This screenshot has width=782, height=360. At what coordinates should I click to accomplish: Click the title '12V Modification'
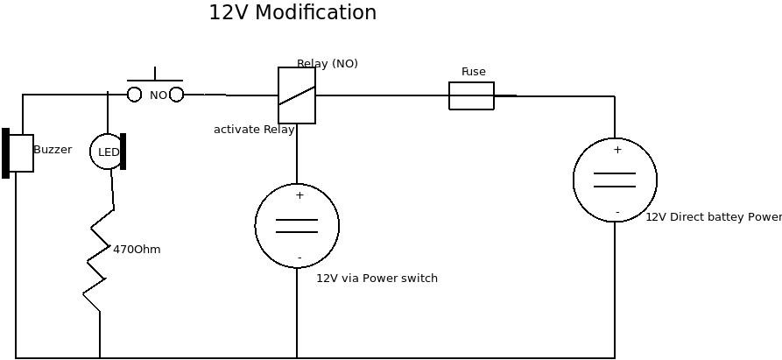pos(292,13)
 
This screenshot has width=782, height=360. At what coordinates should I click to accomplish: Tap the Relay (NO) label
pos(327,63)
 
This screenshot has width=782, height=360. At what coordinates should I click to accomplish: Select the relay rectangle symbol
pos(297,95)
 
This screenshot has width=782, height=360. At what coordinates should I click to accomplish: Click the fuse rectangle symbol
pos(471,95)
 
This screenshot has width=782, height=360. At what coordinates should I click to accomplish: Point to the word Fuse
pos(473,72)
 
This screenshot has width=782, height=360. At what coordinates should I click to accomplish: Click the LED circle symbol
pos(107,152)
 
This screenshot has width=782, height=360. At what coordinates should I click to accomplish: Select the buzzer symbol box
pos(19,153)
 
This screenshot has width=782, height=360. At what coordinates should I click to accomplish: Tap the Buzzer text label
pos(53,150)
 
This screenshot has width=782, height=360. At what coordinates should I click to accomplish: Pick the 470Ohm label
pos(137,250)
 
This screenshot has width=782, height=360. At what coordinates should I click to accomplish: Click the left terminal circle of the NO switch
pos(134,95)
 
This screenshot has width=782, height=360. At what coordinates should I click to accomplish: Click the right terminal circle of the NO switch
pos(176,95)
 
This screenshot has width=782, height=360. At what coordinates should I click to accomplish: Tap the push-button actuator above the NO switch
pos(155,77)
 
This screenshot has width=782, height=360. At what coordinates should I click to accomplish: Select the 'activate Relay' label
pos(254,130)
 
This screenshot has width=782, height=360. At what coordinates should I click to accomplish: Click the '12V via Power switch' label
pos(377,279)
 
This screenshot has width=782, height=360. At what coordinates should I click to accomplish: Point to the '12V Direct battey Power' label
pos(713,217)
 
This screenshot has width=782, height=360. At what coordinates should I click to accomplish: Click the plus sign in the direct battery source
pos(617,150)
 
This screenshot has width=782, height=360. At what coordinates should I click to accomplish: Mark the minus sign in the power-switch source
pos(299,258)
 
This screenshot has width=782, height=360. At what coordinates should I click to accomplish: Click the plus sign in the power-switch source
pos(299,195)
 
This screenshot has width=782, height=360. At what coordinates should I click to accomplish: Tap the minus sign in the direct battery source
pos(617,212)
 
